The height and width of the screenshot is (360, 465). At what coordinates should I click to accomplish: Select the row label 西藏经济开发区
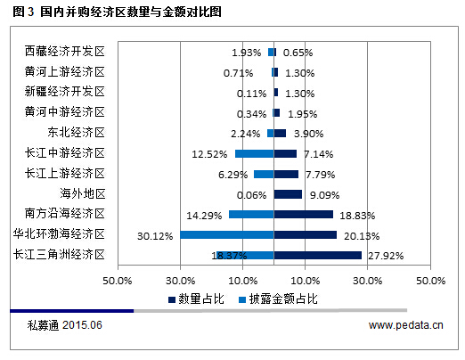[x=64, y=53]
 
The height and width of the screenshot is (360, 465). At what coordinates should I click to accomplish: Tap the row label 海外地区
[x=83, y=193]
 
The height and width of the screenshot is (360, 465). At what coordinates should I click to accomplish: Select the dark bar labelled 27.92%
[x=317, y=255]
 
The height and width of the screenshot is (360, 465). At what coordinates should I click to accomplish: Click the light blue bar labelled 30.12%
[x=226, y=234]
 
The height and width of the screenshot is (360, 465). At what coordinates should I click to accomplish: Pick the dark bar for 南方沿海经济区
[x=303, y=214]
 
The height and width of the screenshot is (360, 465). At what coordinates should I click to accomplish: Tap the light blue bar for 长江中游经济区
[x=254, y=153]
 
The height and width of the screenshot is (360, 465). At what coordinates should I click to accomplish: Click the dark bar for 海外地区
[x=288, y=193]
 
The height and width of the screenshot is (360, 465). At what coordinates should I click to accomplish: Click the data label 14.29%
[x=203, y=215]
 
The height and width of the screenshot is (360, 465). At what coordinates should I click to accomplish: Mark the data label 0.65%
[x=297, y=53]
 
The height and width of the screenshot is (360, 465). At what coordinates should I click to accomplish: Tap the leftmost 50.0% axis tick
[x=118, y=280]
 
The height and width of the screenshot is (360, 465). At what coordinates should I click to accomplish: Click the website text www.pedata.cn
[x=405, y=326]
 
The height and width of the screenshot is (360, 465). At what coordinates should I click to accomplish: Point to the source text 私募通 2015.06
[x=65, y=326]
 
